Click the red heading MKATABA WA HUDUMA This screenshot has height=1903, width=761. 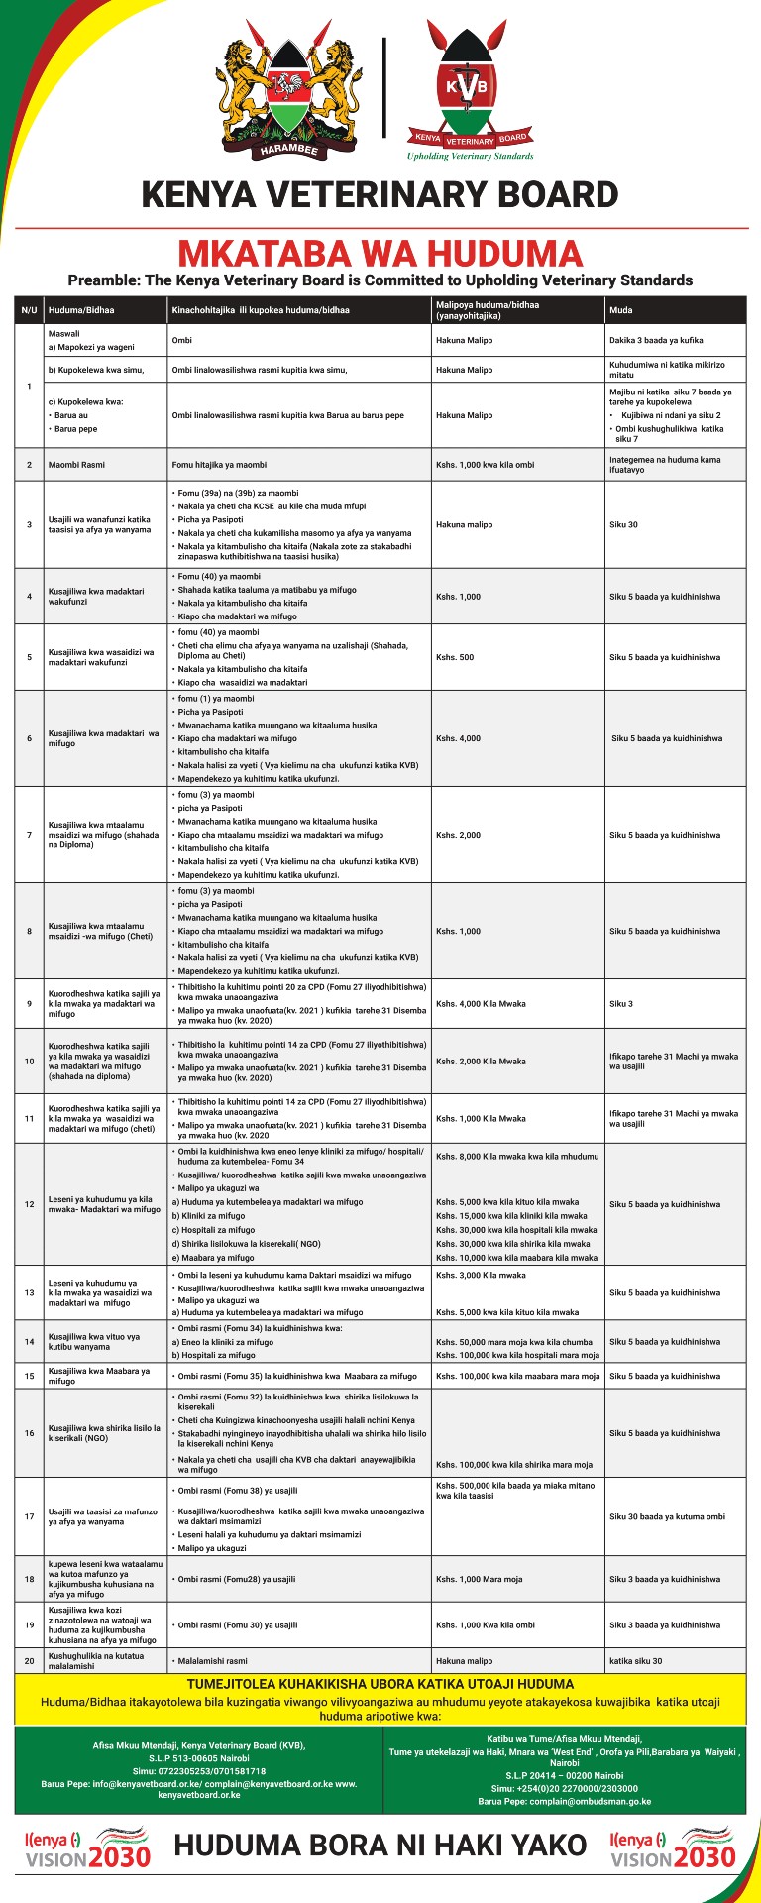click(x=380, y=252)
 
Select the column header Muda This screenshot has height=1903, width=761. click(x=620, y=310)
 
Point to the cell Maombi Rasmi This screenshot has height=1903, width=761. click(x=76, y=465)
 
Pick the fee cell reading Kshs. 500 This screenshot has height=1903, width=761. click(x=453, y=657)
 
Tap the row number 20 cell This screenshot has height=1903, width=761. click(x=29, y=1660)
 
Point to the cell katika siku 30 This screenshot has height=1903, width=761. click(x=635, y=1660)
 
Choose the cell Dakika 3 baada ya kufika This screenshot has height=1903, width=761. click(x=656, y=340)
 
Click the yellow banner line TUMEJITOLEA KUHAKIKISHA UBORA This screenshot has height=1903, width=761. click(x=380, y=1683)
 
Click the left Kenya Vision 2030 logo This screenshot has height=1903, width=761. click(x=87, y=1847)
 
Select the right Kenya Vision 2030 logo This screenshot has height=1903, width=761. click(x=673, y=1847)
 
